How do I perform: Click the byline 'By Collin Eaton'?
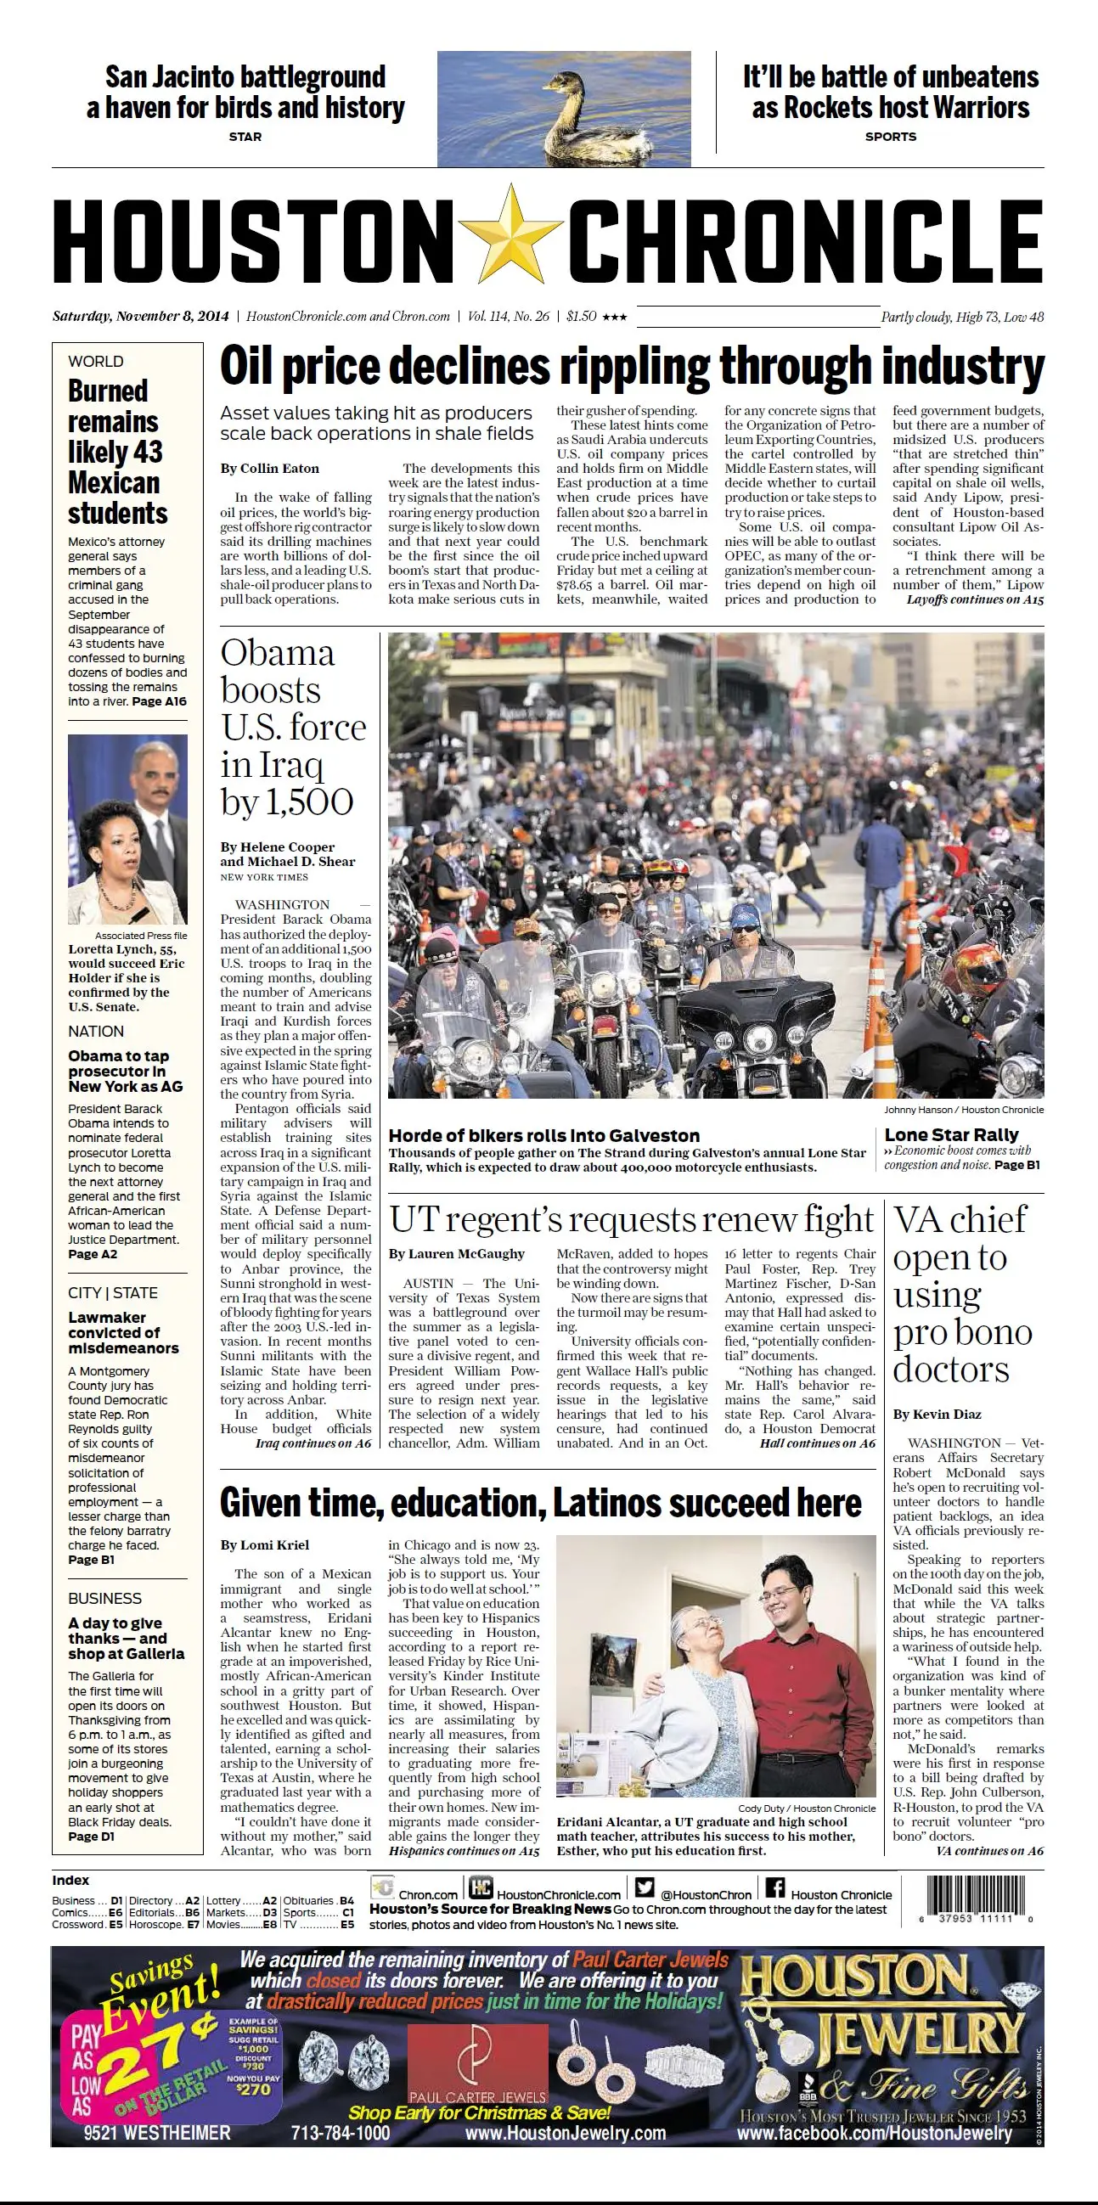pyautogui.click(x=269, y=468)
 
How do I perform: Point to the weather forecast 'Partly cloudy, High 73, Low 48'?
pyautogui.click(x=962, y=317)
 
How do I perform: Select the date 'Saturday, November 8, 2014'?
pyautogui.click(x=140, y=316)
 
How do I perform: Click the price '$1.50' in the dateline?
pyautogui.click(x=581, y=316)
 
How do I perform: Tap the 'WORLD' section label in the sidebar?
pyautogui.click(x=96, y=361)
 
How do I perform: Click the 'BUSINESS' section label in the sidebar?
pyautogui.click(x=105, y=1598)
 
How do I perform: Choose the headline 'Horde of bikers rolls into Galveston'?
pyautogui.click(x=543, y=1135)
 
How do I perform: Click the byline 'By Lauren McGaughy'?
pyautogui.click(x=456, y=1253)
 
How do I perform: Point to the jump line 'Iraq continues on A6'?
pyautogui.click(x=313, y=1443)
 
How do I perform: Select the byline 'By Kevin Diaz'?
pyautogui.click(x=938, y=1414)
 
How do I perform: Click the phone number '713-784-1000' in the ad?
pyautogui.click(x=341, y=2132)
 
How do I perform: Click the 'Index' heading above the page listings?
pyautogui.click(x=70, y=1880)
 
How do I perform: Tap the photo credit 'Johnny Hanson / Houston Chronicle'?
pyautogui.click(x=964, y=1110)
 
